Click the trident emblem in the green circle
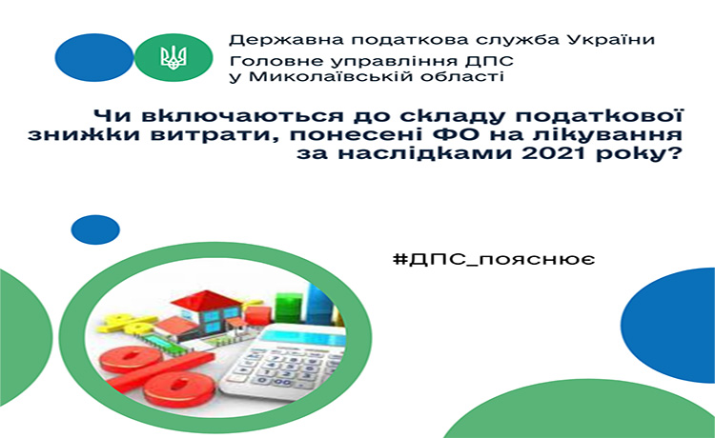click(174, 58)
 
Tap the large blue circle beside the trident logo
click(94, 58)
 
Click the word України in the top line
click(610, 40)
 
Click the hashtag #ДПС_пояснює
click(494, 260)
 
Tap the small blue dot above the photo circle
click(95, 229)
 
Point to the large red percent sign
click(157, 372)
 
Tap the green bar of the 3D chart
click(288, 308)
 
